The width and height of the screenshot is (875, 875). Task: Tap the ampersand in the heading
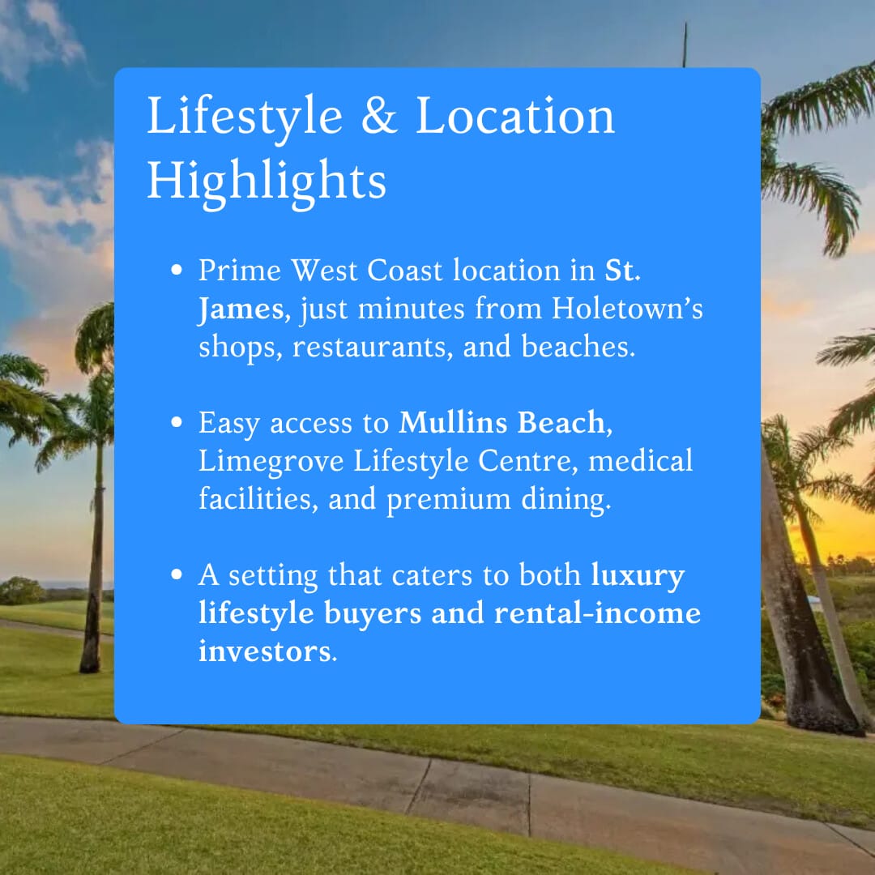pyautogui.click(x=379, y=115)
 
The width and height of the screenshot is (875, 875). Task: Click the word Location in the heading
pyautogui.click(x=514, y=115)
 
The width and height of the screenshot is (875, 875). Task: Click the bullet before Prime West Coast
pyautogui.click(x=177, y=270)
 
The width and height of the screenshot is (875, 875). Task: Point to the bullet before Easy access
pyautogui.click(x=177, y=422)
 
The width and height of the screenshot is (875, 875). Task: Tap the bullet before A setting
pyautogui.click(x=177, y=574)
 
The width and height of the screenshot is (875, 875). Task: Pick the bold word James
pyautogui.click(x=241, y=309)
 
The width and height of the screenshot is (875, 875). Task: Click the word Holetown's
pyautogui.click(x=627, y=309)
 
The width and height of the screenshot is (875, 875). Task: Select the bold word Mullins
pyautogui.click(x=453, y=422)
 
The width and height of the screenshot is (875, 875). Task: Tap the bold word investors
pyautogui.click(x=265, y=651)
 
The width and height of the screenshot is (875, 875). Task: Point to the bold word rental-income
pyautogui.click(x=597, y=613)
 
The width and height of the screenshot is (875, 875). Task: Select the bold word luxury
pyautogui.click(x=638, y=576)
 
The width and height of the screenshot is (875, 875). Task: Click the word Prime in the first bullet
pyautogui.click(x=240, y=271)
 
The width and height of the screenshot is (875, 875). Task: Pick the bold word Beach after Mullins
pyautogui.click(x=561, y=422)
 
